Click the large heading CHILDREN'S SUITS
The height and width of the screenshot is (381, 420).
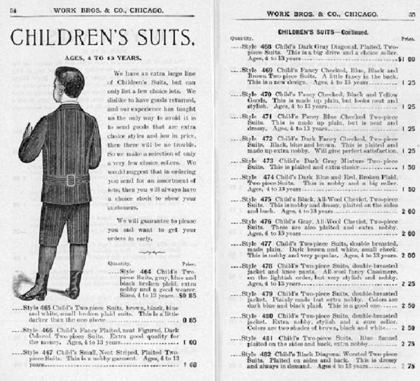point(101,39)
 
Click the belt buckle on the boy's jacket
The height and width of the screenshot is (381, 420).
point(69,180)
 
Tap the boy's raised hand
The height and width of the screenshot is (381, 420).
point(26,131)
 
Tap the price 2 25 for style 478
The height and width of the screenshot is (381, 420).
point(407,284)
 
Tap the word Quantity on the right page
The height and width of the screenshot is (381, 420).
point(241,39)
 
